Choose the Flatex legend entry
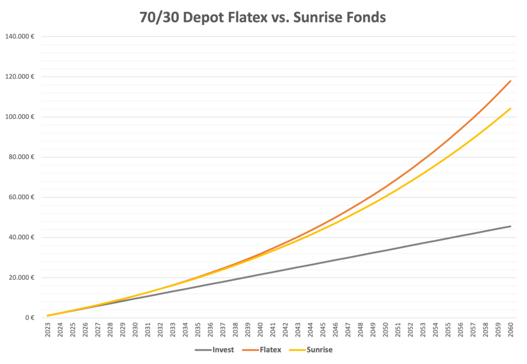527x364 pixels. [x=262, y=350]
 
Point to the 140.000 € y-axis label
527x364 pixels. [x=20, y=37]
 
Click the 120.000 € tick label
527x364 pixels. [x=20, y=77]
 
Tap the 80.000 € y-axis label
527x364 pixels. [x=22, y=157]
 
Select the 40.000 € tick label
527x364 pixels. [x=22, y=238]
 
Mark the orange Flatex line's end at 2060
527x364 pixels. [x=510, y=81]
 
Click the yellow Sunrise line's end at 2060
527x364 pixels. [x=510, y=108]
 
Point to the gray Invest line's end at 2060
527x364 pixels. [x=510, y=226]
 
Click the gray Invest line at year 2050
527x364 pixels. [x=385, y=250]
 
